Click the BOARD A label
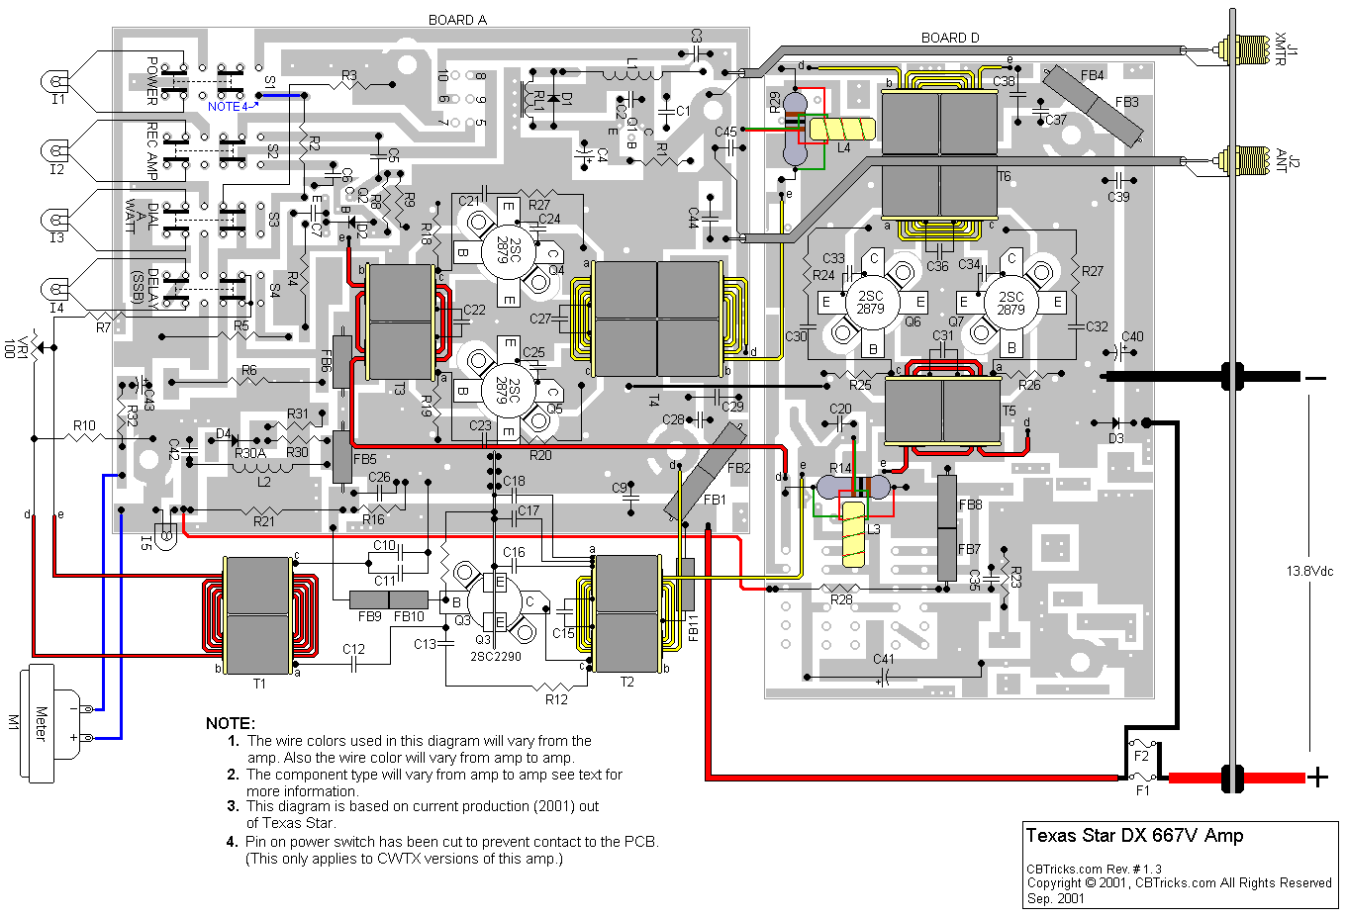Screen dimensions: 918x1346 coord(457,20)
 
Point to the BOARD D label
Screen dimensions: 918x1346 coord(950,38)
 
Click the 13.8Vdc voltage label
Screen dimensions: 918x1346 coord(1309,572)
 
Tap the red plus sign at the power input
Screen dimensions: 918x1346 coord(1317,778)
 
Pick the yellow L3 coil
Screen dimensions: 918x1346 coord(853,534)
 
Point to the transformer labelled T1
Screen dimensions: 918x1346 coord(257,615)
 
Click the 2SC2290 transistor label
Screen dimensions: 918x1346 coord(495,657)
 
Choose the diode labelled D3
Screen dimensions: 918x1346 coord(1116,423)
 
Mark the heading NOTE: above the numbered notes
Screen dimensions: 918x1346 coord(231,723)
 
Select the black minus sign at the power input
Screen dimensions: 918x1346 coord(1315,377)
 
